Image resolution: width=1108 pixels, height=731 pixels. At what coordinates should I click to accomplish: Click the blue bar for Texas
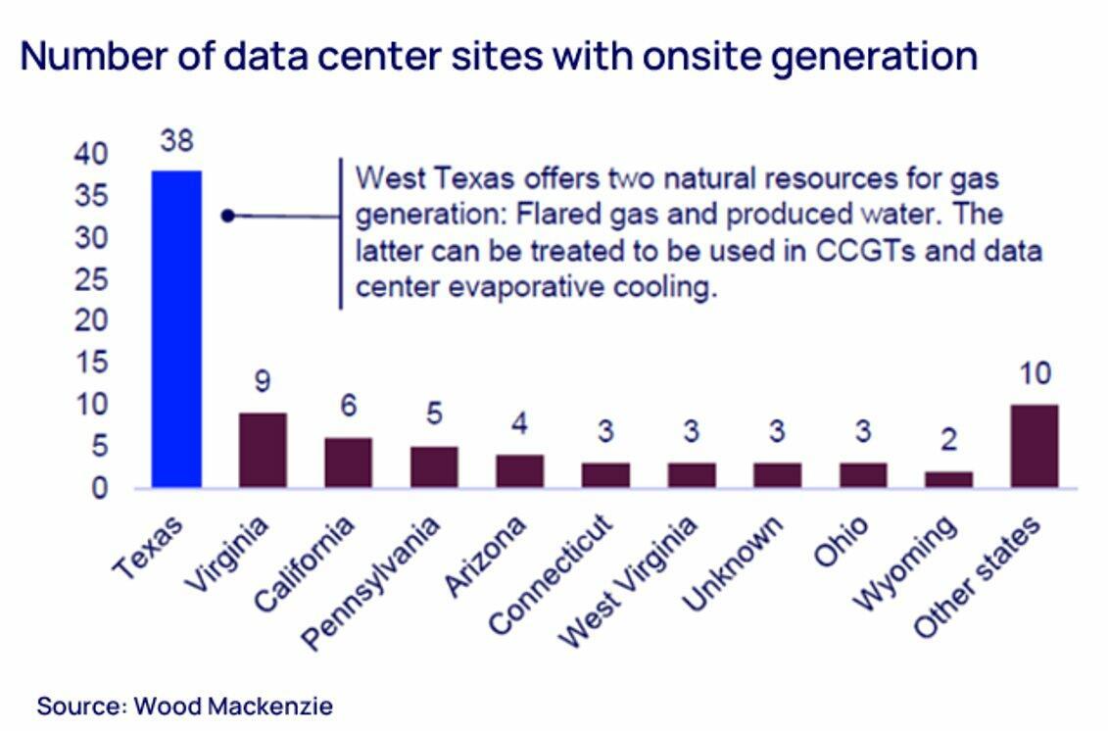click(176, 328)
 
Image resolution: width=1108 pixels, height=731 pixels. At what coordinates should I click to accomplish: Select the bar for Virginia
click(263, 450)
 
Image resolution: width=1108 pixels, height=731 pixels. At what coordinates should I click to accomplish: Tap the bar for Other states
click(1034, 446)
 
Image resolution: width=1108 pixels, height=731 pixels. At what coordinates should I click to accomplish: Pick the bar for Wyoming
click(948, 479)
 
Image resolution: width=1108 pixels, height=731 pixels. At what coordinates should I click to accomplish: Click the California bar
click(348, 463)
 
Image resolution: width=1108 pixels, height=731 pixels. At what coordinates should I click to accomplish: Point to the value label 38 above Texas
click(177, 141)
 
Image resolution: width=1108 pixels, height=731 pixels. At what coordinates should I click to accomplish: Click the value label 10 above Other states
click(1035, 373)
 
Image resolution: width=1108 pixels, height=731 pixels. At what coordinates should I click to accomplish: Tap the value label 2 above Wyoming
click(948, 440)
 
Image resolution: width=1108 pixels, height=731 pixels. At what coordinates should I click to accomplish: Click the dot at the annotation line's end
click(227, 216)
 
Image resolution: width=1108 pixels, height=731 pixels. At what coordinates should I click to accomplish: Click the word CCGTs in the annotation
click(863, 250)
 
